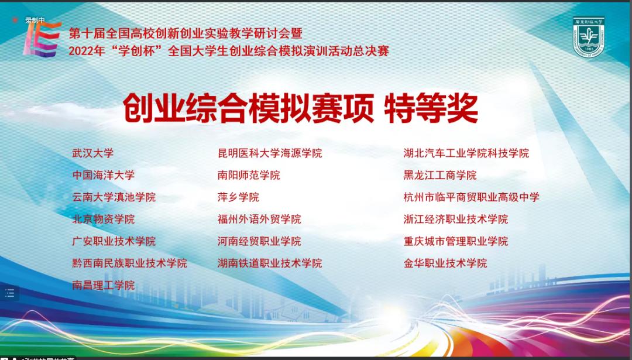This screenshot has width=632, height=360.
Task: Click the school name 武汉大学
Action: click(92, 153)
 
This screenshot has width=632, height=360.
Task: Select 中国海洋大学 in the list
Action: click(103, 175)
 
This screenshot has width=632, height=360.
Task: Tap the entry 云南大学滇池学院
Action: click(114, 197)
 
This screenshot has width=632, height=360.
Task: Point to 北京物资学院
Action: click(103, 220)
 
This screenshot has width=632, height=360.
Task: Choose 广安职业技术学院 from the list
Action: click(114, 242)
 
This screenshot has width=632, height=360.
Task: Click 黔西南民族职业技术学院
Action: click(129, 263)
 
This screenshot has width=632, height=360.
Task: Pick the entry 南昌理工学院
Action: click(103, 286)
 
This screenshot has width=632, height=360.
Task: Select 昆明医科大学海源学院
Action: click(270, 153)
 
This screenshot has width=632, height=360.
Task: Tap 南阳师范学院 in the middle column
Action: click(249, 175)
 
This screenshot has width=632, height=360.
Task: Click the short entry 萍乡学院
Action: click(238, 197)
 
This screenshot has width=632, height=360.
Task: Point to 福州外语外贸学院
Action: click(259, 220)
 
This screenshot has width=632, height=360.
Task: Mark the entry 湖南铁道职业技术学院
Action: click(270, 263)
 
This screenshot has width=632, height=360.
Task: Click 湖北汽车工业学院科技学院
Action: click(466, 153)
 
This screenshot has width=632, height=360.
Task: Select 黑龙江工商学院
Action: click(439, 175)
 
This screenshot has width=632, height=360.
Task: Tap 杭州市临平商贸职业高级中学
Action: click(471, 197)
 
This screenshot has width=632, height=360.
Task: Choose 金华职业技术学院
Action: click(445, 263)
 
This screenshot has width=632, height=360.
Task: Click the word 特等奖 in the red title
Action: click(431, 108)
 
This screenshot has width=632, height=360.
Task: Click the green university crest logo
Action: click(589, 36)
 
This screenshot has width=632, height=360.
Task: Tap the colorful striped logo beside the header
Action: click(42, 39)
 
